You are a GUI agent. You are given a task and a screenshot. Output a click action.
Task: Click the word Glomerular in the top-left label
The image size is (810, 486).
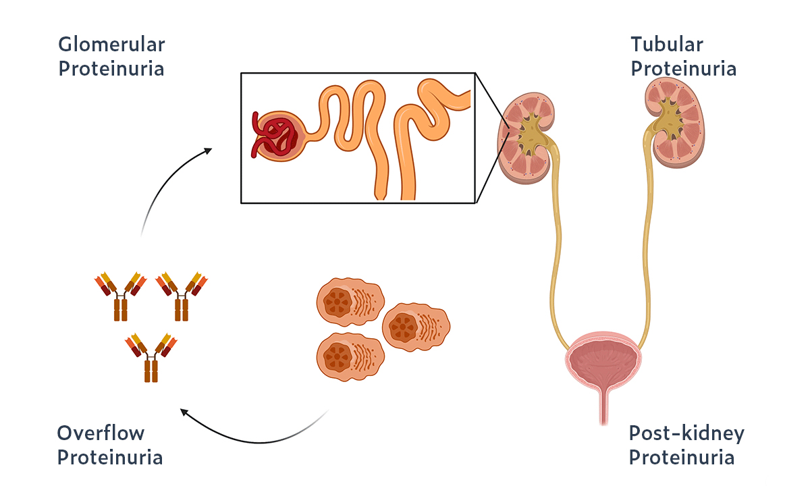pyautogui.click(x=111, y=45)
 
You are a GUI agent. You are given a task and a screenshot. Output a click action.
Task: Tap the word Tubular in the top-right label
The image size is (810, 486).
pyautogui.click(x=666, y=45)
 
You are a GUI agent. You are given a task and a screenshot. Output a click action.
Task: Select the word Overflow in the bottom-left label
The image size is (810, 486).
pyautogui.click(x=101, y=433)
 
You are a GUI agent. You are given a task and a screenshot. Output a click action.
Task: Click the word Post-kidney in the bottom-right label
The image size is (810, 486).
pyautogui.click(x=686, y=433)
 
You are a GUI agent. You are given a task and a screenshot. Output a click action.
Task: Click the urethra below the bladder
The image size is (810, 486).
pyautogui.click(x=602, y=408)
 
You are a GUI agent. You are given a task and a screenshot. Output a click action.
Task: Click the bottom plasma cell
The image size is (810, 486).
pyautogui.click(x=349, y=356)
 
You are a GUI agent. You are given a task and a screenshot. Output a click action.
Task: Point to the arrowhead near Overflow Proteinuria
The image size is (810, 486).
pyautogui.click(x=184, y=411)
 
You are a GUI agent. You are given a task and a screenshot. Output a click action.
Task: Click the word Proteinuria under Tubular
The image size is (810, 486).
pyautogui.click(x=683, y=69)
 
